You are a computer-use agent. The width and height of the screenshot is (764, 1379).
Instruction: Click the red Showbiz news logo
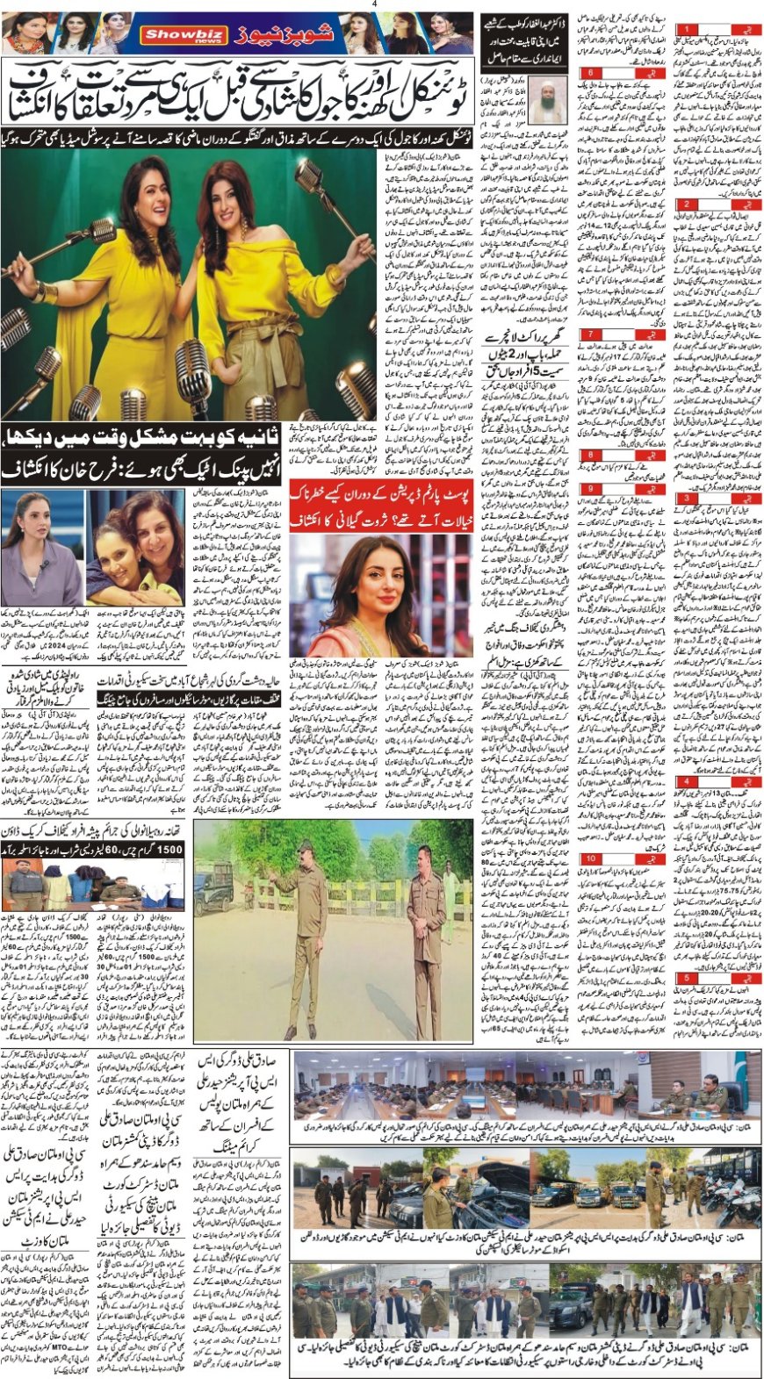tap(173, 35)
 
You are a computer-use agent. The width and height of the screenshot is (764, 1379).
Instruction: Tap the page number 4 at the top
tap(374, 4)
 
